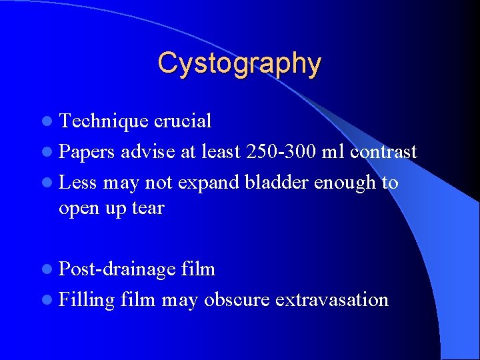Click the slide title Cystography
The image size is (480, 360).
(x=239, y=63)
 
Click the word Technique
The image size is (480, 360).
(x=104, y=121)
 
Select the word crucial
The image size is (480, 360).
(x=183, y=121)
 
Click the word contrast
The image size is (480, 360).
(x=383, y=152)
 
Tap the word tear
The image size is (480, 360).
(x=148, y=208)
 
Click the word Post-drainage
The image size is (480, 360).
(x=117, y=269)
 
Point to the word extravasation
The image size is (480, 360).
(x=331, y=300)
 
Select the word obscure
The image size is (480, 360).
(x=237, y=300)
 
